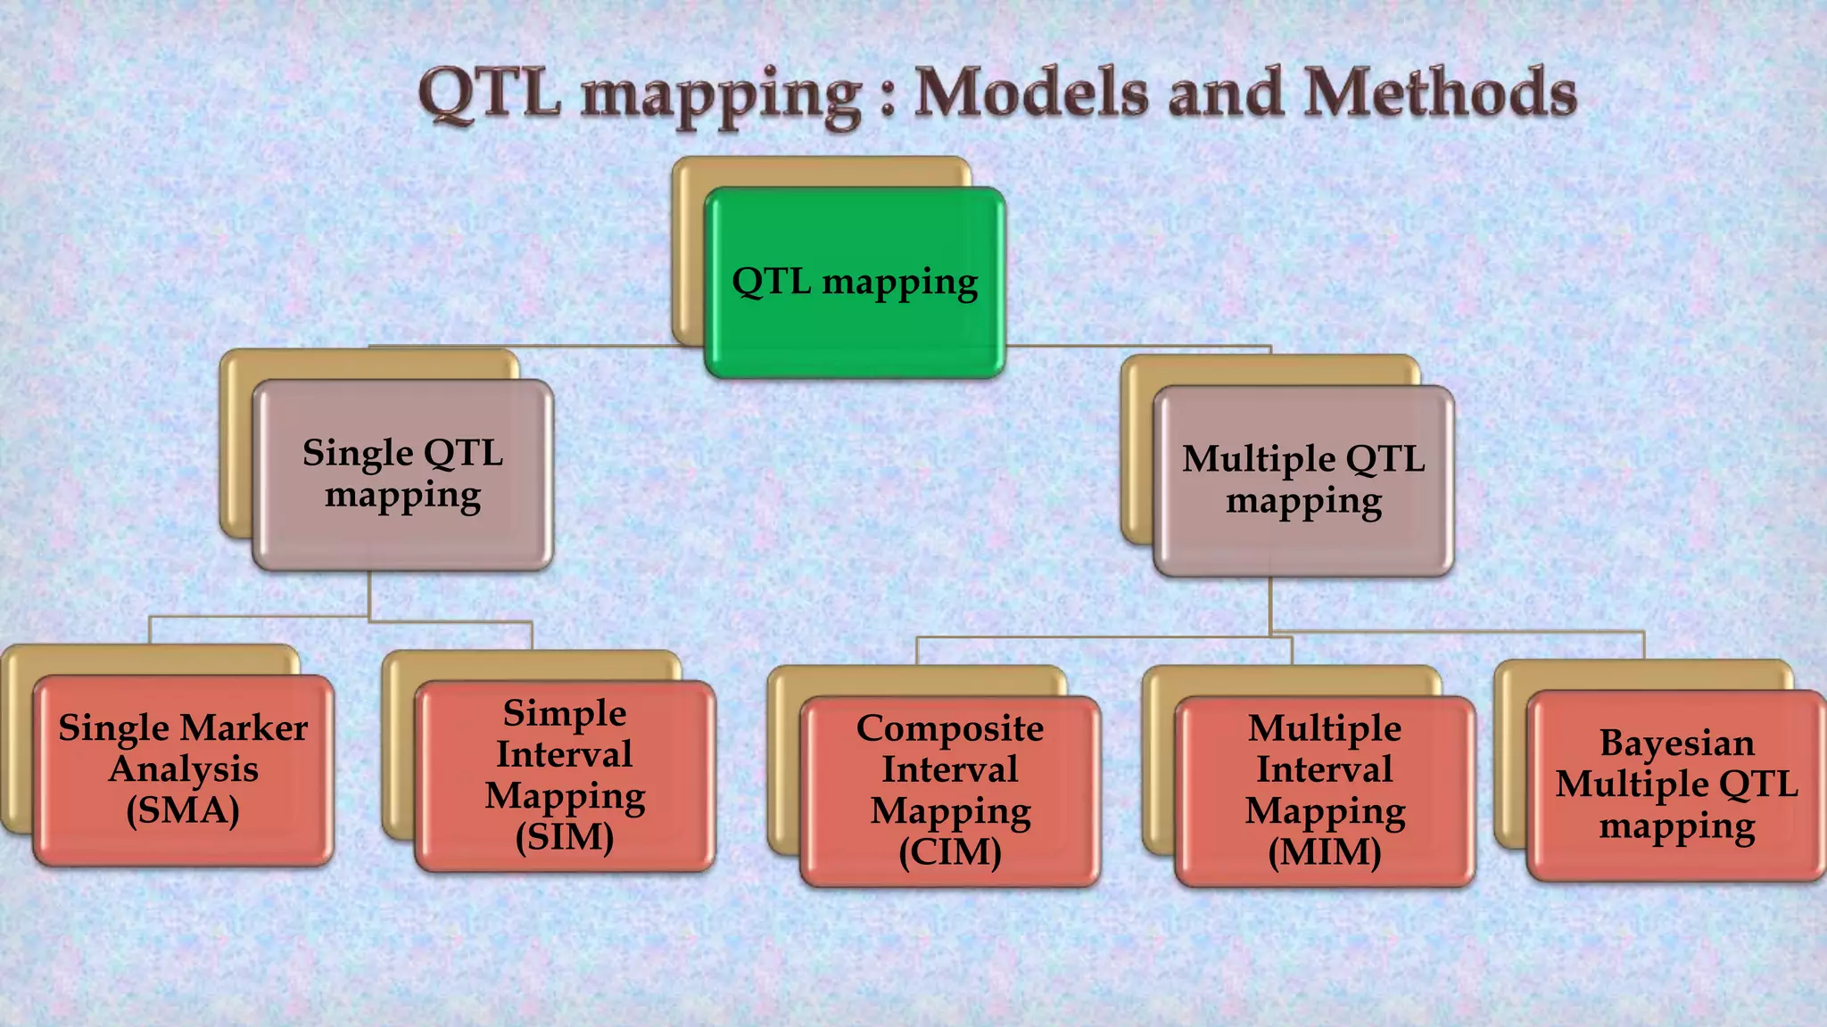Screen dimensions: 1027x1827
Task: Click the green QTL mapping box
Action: coord(855,283)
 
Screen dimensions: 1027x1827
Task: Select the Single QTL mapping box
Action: coord(402,474)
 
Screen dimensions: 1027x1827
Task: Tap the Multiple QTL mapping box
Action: coord(1303,481)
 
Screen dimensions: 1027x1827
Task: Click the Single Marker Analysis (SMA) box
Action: coord(183,770)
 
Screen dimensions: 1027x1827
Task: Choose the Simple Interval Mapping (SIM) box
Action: coord(565,776)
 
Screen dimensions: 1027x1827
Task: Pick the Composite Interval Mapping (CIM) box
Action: coord(950,791)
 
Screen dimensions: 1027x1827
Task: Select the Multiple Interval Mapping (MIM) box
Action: coord(1325,791)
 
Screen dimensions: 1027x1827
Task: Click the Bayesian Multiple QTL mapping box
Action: coord(1676,785)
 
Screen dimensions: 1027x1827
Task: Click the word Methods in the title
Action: coord(1440,94)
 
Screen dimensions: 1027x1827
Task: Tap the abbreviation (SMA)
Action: coord(183,811)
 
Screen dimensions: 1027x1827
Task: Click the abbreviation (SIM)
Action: coord(565,838)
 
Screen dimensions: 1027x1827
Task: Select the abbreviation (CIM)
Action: coord(950,852)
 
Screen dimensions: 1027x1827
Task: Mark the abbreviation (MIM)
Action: coord(1325,852)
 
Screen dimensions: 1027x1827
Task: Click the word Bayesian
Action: coord(1676,743)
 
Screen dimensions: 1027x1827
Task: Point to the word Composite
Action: coord(950,728)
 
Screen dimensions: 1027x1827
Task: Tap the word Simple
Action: coord(565,713)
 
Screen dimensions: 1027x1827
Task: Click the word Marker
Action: coord(253,728)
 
